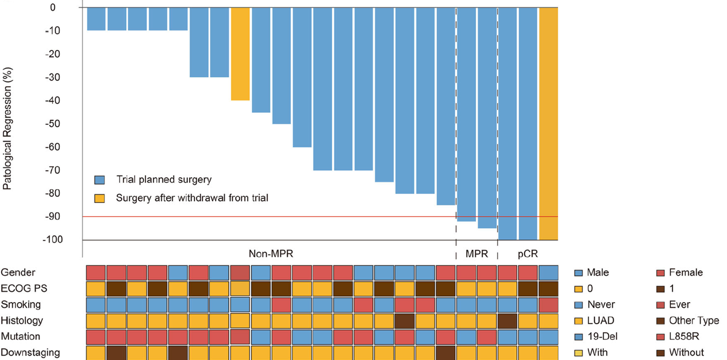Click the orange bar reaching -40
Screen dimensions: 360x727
[x=240, y=54]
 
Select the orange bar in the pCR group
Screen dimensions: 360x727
[x=548, y=123]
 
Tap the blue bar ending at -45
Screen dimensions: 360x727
[x=261, y=60]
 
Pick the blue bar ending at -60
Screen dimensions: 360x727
[x=302, y=77]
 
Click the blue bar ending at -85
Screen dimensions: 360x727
[x=445, y=106]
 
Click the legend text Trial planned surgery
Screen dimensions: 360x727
[x=163, y=180]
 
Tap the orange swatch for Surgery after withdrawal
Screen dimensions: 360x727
[x=100, y=198]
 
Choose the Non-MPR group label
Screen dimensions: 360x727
[x=266, y=254]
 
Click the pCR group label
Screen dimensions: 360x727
[x=527, y=254]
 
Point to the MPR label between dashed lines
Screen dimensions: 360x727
[x=476, y=254]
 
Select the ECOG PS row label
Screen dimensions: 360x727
[x=22, y=288]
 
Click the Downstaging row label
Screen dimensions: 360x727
[x=30, y=353]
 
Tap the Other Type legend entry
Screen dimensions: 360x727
[x=693, y=320]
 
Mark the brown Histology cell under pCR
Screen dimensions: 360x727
[x=507, y=320]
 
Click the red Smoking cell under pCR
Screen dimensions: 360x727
[x=548, y=304]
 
